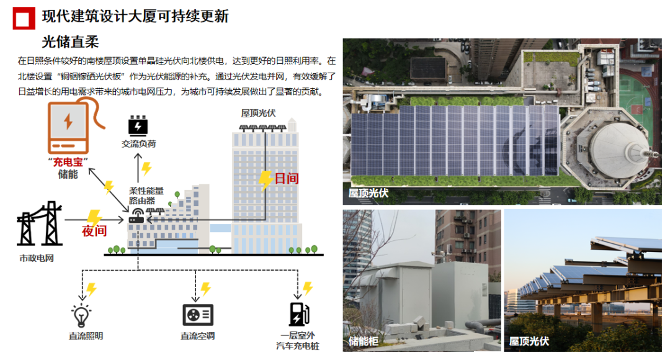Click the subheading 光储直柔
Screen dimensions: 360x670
click(x=70, y=43)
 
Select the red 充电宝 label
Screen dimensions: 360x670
click(x=68, y=163)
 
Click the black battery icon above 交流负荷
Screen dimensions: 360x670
click(x=138, y=125)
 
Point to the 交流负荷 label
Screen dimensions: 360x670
click(x=138, y=144)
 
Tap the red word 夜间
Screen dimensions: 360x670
click(x=94, y=232)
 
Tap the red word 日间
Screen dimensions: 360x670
click(x=286, y=179)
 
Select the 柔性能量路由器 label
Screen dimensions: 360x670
click(x=146, y=196)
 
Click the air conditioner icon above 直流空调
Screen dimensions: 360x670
click(x=198, y=314)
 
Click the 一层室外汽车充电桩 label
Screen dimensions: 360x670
click(x=298, y=340)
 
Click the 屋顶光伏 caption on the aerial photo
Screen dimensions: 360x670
click(x=368, y=193)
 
